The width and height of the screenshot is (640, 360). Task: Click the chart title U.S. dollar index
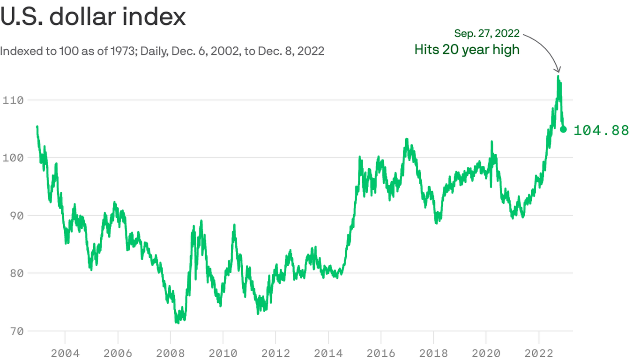tap(93, 17)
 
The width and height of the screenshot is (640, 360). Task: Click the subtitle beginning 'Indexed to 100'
tap(162, 51)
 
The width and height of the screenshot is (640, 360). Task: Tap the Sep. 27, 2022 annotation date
tap(487, 33)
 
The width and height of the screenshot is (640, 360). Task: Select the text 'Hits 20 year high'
tap(467, 49)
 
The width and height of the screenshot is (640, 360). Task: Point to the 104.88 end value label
tap(601, 130)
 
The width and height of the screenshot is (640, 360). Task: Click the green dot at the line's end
tap(564, 129)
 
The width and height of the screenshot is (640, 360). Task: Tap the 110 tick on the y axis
tap(13, 100)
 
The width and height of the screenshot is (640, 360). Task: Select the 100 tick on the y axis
tap(13, 157)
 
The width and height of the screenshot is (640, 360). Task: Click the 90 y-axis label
tap(16, 215)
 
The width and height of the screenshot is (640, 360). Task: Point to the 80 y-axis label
tap(16, 273)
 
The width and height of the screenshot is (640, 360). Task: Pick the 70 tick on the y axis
tap(16, 331)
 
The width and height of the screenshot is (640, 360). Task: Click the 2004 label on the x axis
tap(65, 352)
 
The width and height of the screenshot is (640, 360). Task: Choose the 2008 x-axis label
tap(171, 352)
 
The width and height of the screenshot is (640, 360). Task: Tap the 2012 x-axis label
tap(276, 352)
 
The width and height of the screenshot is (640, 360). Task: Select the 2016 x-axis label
tap(381, 352)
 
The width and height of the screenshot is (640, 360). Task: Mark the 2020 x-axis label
tap(486, 352)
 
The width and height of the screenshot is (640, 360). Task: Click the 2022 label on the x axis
tap(539, 352)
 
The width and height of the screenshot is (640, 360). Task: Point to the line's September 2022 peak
tap(558, 76)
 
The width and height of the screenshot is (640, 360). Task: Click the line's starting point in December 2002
tap(37, 127)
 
